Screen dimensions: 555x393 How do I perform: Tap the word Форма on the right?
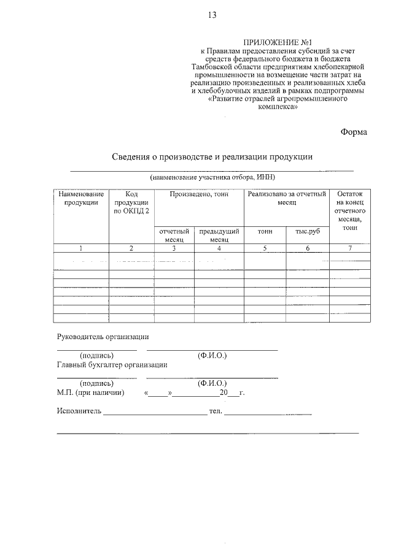[353, 131]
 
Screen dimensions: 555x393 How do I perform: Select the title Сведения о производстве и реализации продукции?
[212, 157]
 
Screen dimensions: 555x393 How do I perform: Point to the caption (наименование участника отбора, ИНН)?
[212, 177]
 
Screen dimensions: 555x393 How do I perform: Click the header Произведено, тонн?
[198, 194]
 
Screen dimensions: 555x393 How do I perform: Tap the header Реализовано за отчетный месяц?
[287, 197]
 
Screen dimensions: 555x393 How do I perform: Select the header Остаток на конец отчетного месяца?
[350, 210]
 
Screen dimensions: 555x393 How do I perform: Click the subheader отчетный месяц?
[174, 235]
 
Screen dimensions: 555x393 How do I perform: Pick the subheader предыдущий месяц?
[219, 235]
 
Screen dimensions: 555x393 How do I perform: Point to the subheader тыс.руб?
[308, 232]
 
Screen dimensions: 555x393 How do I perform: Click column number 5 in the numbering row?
[265, 248]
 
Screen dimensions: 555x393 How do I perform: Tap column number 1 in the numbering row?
[81, 248]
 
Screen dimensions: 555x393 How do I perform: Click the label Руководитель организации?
[103, 336]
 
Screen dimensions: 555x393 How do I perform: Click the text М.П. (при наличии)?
[90, 392]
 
